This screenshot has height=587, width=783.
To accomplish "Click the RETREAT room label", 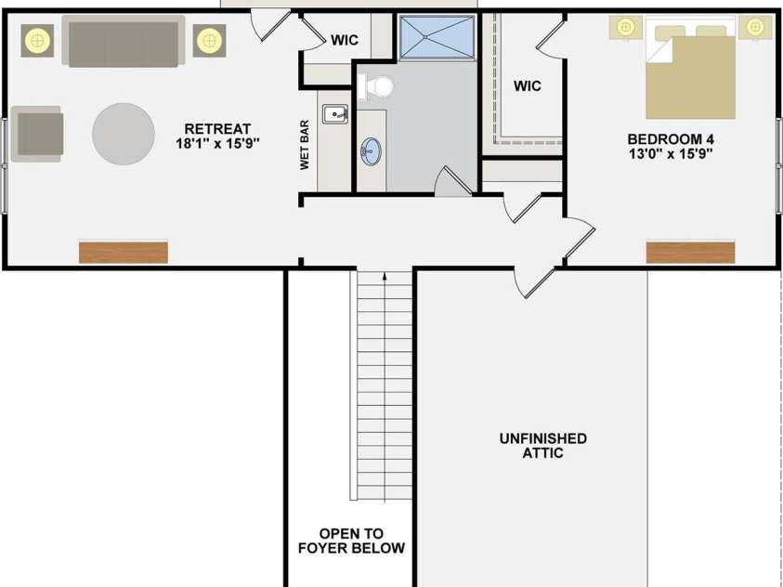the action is coord(217,129).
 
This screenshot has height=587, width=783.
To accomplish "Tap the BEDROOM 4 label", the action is coord(670,138).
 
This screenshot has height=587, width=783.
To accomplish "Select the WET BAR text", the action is coord(305,145).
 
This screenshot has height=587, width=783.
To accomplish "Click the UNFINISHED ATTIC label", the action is coord(543,446).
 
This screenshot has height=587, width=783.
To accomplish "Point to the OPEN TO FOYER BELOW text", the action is coord(351,541).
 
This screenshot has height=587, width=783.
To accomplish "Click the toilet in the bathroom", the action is coord(375,87).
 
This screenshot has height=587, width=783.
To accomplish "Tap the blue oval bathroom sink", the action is coord(371,151).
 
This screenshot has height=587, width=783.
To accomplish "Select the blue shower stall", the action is coord(437,37).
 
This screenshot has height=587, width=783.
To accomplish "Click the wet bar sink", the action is coord(335,114).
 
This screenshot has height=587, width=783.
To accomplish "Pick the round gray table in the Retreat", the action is coord(124,134).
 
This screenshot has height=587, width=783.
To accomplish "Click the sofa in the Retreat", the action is coord(124,41).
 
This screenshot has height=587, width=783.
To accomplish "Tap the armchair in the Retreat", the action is coord(37,134).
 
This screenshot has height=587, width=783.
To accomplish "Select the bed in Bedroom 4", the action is coord(691,68).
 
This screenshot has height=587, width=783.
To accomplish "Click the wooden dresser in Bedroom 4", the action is coord(691,253).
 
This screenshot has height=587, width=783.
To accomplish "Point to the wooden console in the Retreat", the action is coord(124,253).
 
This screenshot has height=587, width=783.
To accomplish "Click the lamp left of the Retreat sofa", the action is coord(37,41).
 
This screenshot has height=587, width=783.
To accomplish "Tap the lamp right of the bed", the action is coord(755,26).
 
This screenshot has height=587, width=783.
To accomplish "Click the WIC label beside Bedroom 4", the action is coord(528,85).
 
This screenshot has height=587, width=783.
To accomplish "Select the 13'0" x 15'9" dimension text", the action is coord(670,152).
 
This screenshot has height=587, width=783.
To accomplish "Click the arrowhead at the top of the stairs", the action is coord(385,275).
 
